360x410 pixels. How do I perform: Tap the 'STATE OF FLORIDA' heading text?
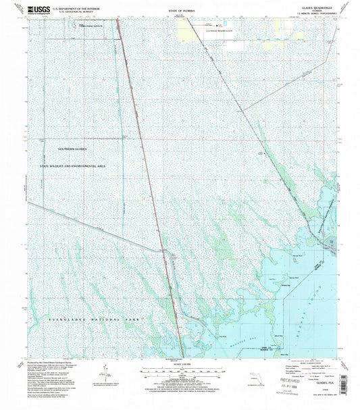[179, 12]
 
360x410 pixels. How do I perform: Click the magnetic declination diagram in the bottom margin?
[103, 371]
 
